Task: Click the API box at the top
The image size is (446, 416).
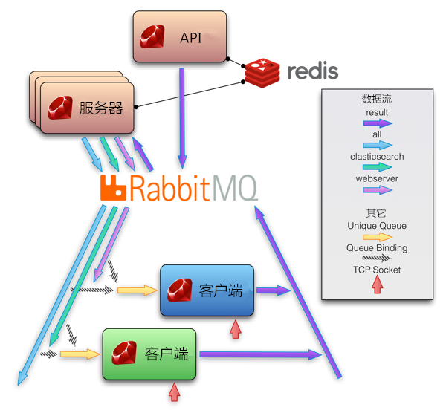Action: [180, 36]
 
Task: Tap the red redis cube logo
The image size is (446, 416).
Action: [261, 71]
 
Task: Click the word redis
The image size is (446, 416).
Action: [311, 71]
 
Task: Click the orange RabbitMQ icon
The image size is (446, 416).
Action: [114, 189]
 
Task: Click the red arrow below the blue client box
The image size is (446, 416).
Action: [236, 328]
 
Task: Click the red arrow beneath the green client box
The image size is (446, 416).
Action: [175, 391]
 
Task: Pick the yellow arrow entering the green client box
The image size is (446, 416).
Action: [80, 354]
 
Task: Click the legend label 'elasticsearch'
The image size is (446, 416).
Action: [377, 157]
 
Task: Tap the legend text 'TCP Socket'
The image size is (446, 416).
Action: [377, 270]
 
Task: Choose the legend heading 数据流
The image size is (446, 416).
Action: [377, 99]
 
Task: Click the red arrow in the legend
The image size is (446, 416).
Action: [377, 285]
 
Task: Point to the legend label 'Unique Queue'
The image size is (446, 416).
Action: [377, 226]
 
